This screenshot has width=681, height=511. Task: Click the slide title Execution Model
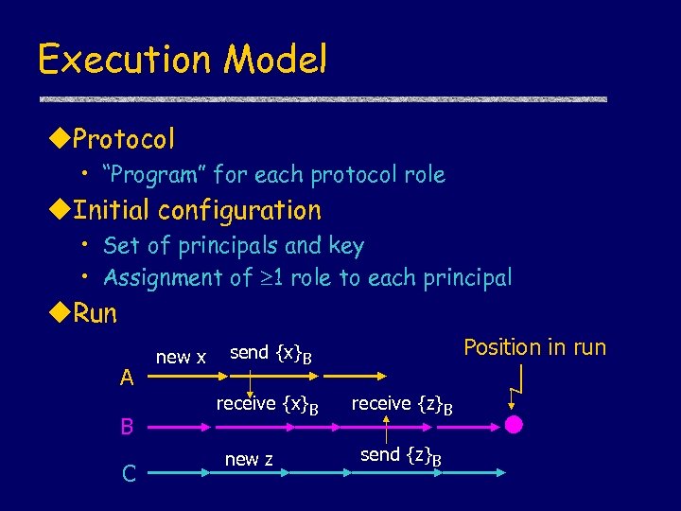tap(182, 59)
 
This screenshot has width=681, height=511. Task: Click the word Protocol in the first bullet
tap(123, 140)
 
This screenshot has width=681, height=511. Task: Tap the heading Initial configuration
tap(197, 210)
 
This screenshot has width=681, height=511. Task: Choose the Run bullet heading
tap(95, 314)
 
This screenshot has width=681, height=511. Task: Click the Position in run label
tap(534, 347)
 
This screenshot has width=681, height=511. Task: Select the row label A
tap(127, 378)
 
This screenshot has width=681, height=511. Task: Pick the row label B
tap(127, 427)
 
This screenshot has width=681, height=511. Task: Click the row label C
tap(128, 473)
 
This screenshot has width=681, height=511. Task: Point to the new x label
tap(180, 357)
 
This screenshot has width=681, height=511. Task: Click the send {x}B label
tap(271, 354)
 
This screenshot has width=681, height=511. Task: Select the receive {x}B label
tap(267, 405)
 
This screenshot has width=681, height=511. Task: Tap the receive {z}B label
tap(402, 405)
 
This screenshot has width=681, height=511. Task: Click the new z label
tap(249, 459)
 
